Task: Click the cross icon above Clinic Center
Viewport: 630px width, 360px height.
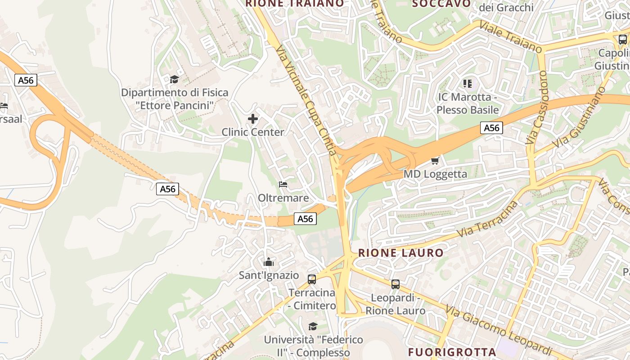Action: point(253,119)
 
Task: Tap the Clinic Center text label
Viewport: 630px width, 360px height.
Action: point(253,132)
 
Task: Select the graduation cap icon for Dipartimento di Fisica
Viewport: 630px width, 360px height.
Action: point(174,80)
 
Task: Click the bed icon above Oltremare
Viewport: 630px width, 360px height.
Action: point(283,184)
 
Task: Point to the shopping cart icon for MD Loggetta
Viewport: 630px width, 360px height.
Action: point(435,161)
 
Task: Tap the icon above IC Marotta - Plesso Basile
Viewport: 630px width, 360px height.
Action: point(468,83)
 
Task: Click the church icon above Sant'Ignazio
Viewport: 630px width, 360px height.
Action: point(269,262)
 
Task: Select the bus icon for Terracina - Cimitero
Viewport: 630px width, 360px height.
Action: point(312,279)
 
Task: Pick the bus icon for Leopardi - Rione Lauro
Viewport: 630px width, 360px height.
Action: point(395,284)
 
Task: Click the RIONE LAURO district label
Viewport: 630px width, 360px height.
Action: point(401,253)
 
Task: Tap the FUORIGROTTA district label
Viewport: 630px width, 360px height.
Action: point(452,352)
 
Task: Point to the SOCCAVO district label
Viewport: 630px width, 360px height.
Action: point(441,4)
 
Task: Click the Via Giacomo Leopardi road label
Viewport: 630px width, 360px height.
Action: point(499,330)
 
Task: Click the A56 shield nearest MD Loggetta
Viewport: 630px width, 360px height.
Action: point(491,128)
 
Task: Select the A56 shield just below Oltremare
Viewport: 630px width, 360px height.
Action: point(305,219)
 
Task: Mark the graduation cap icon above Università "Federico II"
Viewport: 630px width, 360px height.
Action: point(313,326)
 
